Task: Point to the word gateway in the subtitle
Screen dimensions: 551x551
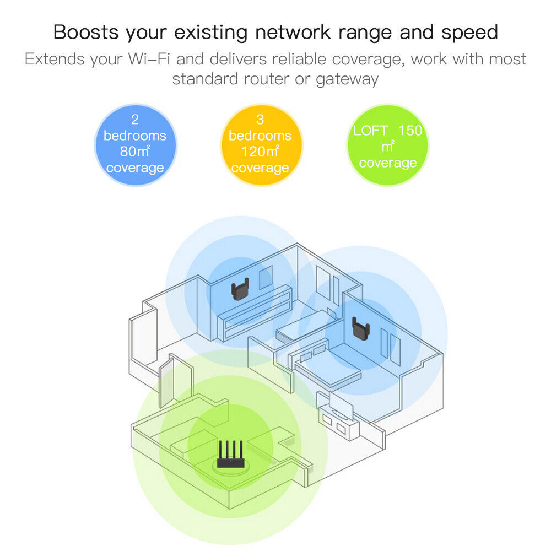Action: tap(347, 78)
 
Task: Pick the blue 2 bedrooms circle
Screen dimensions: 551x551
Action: tap(135, 144)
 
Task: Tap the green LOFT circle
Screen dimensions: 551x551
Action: tap(387, 144)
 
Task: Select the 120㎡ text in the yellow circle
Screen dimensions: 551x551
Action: tap(260, 152)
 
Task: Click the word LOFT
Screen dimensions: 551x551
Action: tap(371, 131)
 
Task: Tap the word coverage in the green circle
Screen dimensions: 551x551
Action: tap(387, 163)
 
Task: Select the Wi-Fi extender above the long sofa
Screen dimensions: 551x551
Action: tap(239, 290)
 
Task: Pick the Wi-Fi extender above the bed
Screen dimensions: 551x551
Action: tap(361, 329)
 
